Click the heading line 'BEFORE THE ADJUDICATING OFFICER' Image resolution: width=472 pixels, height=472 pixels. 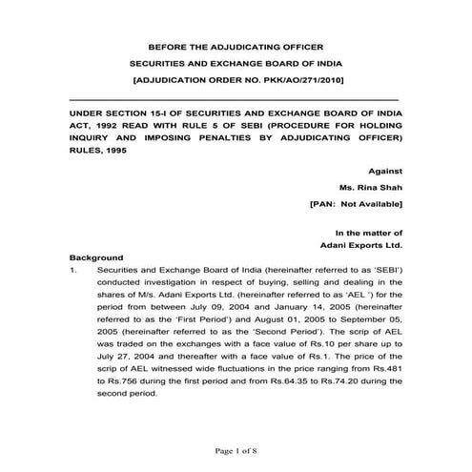pyautogui.click(x=235, y=47)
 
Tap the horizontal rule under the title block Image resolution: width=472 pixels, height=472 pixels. pyautogui.click(x=235, y=99)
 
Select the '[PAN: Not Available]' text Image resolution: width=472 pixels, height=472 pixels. pyautogui.click(x=356, y=205)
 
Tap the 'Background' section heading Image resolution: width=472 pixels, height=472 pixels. pyautogui.click(x=96, y=257)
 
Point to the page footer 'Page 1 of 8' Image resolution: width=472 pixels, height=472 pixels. pyautogui.click(x=235, y=449)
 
